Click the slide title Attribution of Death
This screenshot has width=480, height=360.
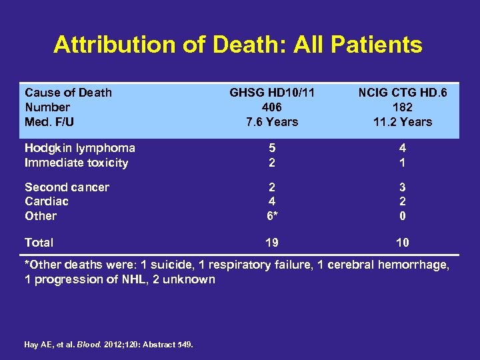point(238,45)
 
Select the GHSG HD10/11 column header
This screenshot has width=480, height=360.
point(271,93)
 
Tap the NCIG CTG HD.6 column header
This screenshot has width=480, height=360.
point(402,93)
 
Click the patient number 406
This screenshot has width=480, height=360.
point(271,107)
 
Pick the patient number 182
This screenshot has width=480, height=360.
point(402,107)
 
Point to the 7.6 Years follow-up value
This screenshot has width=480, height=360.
point(271,122)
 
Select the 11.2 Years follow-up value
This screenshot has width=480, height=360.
point(402,122)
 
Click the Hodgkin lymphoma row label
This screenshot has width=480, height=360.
point(80,148)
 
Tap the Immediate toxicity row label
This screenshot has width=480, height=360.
point(76,163)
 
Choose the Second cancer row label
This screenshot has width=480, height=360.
point(67,187)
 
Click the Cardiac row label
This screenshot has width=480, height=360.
point(47,201)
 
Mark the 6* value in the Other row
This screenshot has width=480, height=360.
point(272,216)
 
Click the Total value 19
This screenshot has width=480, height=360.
point(271,243)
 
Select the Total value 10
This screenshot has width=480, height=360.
point(402,243)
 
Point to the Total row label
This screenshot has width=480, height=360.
point(39,243)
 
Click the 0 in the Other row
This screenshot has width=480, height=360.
point(402,216)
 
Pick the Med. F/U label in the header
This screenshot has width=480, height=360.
point(49,122)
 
